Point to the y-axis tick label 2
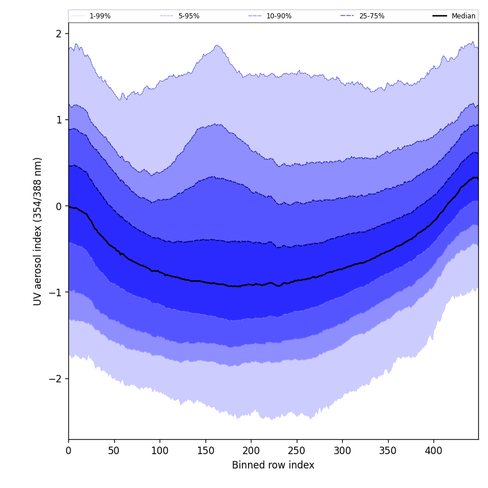[59, 34]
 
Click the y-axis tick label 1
[59, 120]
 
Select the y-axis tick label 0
[59, 206]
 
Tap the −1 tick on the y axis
[56, 292]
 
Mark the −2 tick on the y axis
[56, 379]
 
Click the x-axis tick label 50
[114, 451]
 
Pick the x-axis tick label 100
[160, 451]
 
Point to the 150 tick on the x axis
[206, 451]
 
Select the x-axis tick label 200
[251, 451]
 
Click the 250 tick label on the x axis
[297, 451]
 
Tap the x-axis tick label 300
[342, 451]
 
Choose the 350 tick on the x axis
[388, 451]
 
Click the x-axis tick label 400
[433, 451]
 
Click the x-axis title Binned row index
[273, 466]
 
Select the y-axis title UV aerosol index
[38, 231]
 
